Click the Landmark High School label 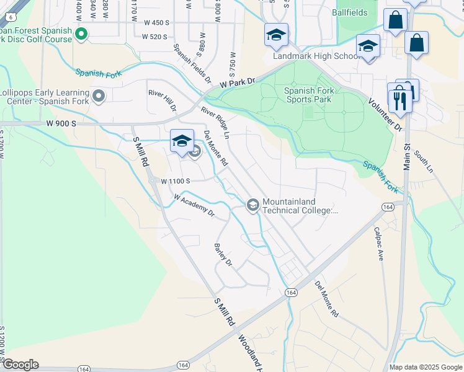pos(316,56)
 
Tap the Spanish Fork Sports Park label pos(309,94)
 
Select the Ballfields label pos(349,12)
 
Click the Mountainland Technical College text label pos(300,206)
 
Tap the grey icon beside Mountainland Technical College pos(253,205)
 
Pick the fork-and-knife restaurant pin pos(399,100)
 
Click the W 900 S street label pos(61,124)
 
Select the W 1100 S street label pos(175,182)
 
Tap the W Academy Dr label pos(194,206)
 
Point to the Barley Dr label pos(222,255)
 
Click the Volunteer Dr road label pos(385,115)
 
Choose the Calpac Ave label pos(379,243)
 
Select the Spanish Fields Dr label pos(192,65)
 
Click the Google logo pos(20,365)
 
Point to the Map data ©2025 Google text pos(425,367)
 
